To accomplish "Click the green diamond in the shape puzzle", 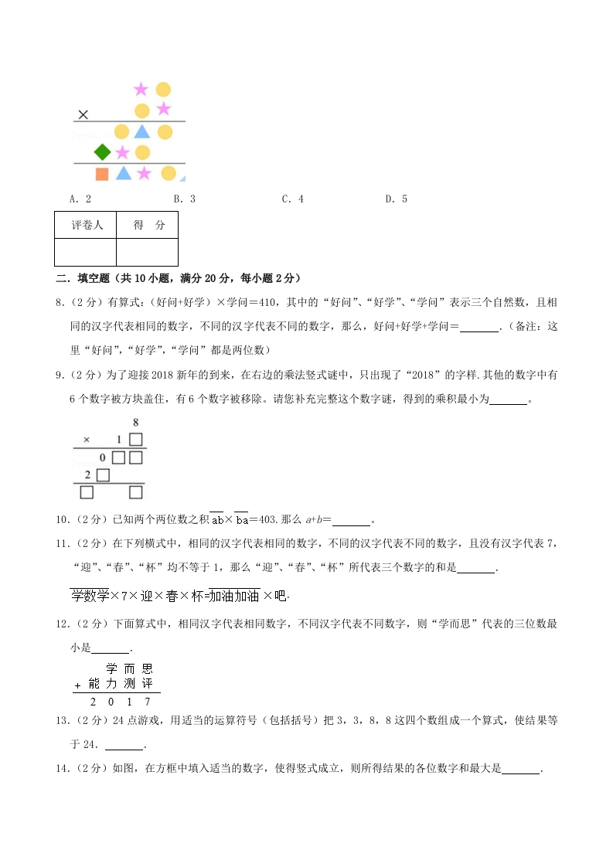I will point(101,151).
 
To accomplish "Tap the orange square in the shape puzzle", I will point(101,174).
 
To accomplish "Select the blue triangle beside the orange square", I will point(123,173).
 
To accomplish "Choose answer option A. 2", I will point(80,199).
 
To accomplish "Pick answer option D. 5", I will point(396,199).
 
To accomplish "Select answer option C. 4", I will point(292,199).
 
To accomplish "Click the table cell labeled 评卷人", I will point(86,226).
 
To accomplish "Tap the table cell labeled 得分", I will point(148,226).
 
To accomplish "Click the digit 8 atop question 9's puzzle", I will point(135,423).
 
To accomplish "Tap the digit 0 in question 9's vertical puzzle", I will point(102,457).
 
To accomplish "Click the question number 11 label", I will point(62,543).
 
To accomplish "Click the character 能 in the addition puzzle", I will point(94,684).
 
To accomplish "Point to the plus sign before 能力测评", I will point(77,685).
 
